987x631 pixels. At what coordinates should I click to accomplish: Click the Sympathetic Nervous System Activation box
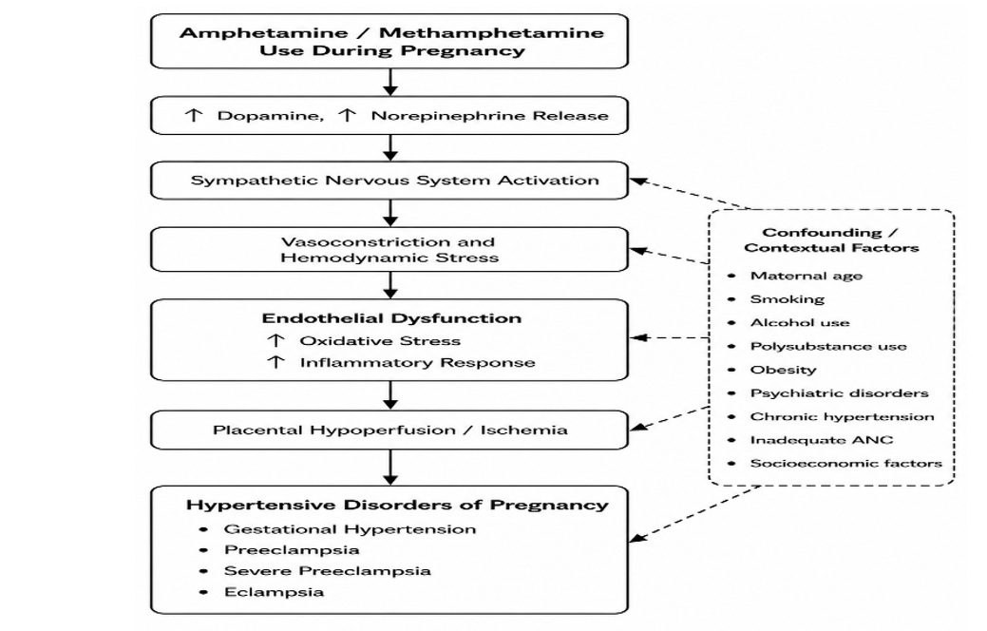pos(389,181)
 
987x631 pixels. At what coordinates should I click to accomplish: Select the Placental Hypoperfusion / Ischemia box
pos(389,430)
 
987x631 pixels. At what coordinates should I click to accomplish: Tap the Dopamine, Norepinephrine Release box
pos(389,115)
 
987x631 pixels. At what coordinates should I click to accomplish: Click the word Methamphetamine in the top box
pos(492,32)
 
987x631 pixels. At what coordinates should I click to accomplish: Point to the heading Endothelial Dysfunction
pos(391,318)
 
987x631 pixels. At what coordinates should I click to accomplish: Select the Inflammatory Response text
pos(417,363)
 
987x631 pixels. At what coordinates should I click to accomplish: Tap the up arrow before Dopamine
pos(193,115)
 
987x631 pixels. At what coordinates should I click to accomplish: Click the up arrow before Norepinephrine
pos(347,115)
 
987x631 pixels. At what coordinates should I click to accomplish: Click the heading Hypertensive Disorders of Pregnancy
pos(397,505)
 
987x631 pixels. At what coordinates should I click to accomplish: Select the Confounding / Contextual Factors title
pos(831,239)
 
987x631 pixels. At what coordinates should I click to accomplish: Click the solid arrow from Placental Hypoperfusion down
pos(390,467)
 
